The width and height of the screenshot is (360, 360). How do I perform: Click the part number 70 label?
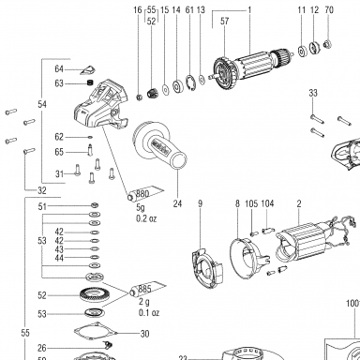(x=329, y=9)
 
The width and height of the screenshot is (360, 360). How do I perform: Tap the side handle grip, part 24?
(x=159, y=146)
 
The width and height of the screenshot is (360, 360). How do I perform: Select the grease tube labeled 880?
(x=145, y=194)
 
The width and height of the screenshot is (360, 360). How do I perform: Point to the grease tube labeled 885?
(x=148, y=289)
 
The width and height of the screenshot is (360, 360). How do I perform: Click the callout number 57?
(x=225, y=21)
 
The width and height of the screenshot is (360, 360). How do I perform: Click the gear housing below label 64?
(x=101, y=105)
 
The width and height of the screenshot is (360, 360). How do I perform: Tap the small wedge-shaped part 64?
(x=89, y=70)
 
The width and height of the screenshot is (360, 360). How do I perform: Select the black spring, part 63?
(x=90, y=83)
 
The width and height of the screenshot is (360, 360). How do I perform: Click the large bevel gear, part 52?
(x=91, y=295)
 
